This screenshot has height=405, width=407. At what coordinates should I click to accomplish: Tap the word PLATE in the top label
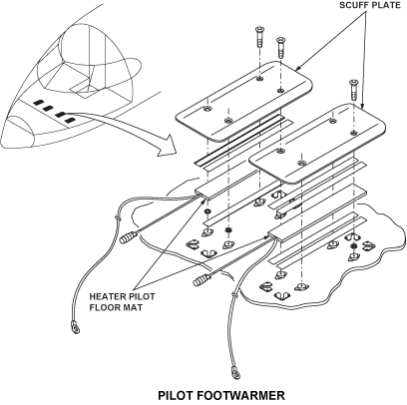click(387, 6)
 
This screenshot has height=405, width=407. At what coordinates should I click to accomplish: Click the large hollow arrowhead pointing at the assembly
click(168, 146)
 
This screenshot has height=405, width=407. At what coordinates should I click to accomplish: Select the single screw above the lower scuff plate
click(352, 90)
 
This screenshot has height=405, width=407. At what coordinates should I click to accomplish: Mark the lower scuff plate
click(317, 143)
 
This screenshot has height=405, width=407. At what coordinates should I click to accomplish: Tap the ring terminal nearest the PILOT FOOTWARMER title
click(235, 373)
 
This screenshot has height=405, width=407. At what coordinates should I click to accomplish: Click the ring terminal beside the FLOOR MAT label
click(75, 326)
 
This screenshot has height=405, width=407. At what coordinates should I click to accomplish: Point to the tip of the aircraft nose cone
click(3, 140)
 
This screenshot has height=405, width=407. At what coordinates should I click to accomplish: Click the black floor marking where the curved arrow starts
click(69, 120)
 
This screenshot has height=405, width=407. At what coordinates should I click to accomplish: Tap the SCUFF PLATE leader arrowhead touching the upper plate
click(296, 69)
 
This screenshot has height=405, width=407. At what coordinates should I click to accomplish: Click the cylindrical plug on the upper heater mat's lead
click(128, 237)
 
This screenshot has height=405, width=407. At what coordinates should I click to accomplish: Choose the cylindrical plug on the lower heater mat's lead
click(202, 279)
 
